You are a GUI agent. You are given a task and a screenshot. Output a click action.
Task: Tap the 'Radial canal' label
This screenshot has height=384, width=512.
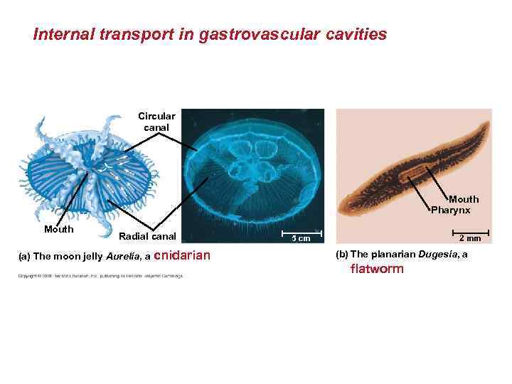point(147,236)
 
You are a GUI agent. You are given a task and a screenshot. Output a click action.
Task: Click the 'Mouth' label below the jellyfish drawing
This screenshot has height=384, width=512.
point(58,229)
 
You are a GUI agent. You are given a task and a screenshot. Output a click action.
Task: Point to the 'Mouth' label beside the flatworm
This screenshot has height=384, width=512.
point(464,199)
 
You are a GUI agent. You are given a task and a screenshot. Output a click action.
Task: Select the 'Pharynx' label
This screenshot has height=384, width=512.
point(450,210)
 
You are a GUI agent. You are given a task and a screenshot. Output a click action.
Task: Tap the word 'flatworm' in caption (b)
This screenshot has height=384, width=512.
point(376,269)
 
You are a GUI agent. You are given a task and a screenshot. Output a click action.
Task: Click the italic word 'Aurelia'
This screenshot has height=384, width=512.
point(126,256)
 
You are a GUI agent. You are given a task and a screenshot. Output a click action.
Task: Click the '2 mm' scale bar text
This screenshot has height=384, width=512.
point(470,238)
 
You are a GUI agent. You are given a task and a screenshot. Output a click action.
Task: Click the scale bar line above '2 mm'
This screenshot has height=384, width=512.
point(470,231)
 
